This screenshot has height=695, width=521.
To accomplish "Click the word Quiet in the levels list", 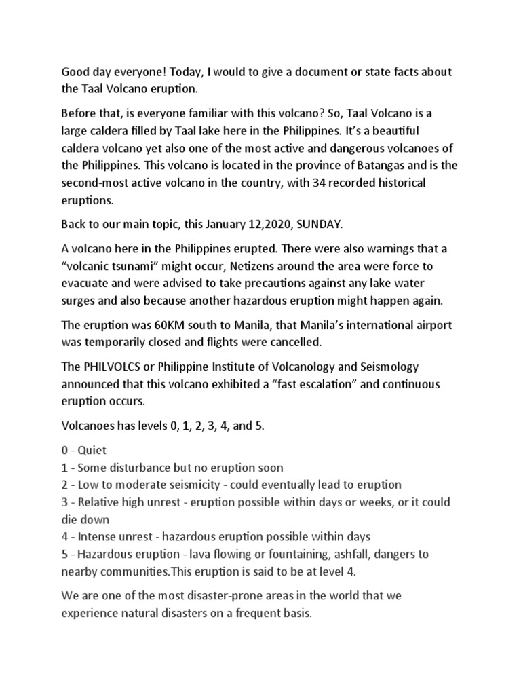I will click(92, 450).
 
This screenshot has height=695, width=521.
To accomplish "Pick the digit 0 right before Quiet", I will click(64, 450).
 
